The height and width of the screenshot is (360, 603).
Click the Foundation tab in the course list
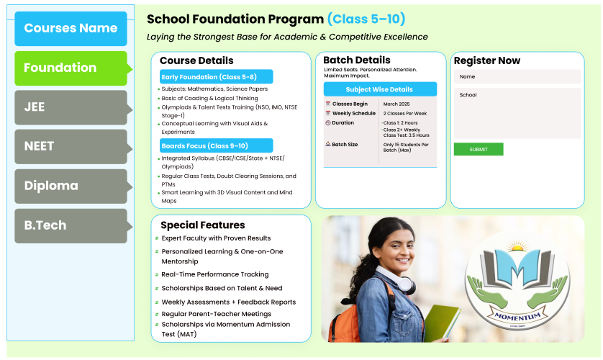point(71,68)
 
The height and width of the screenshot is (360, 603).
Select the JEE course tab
point(71,107)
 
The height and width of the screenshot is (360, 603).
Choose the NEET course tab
point(71,146)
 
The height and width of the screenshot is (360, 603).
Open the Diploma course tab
point(71,186)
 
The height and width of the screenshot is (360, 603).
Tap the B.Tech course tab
point(71,225)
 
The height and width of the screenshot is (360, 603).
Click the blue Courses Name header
point(71,28)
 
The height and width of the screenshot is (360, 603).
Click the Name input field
point(517,76)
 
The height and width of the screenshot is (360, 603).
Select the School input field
point(517,113)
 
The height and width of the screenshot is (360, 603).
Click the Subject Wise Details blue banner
point(380,89)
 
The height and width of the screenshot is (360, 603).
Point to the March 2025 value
point(396,104)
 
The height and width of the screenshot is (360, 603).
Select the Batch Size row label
point(345,145)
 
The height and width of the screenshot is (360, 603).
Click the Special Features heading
point(203,225)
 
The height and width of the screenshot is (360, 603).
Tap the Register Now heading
point(487,60)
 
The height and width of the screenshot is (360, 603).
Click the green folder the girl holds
point(440,323)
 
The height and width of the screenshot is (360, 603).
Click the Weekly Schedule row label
point(353,114)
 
